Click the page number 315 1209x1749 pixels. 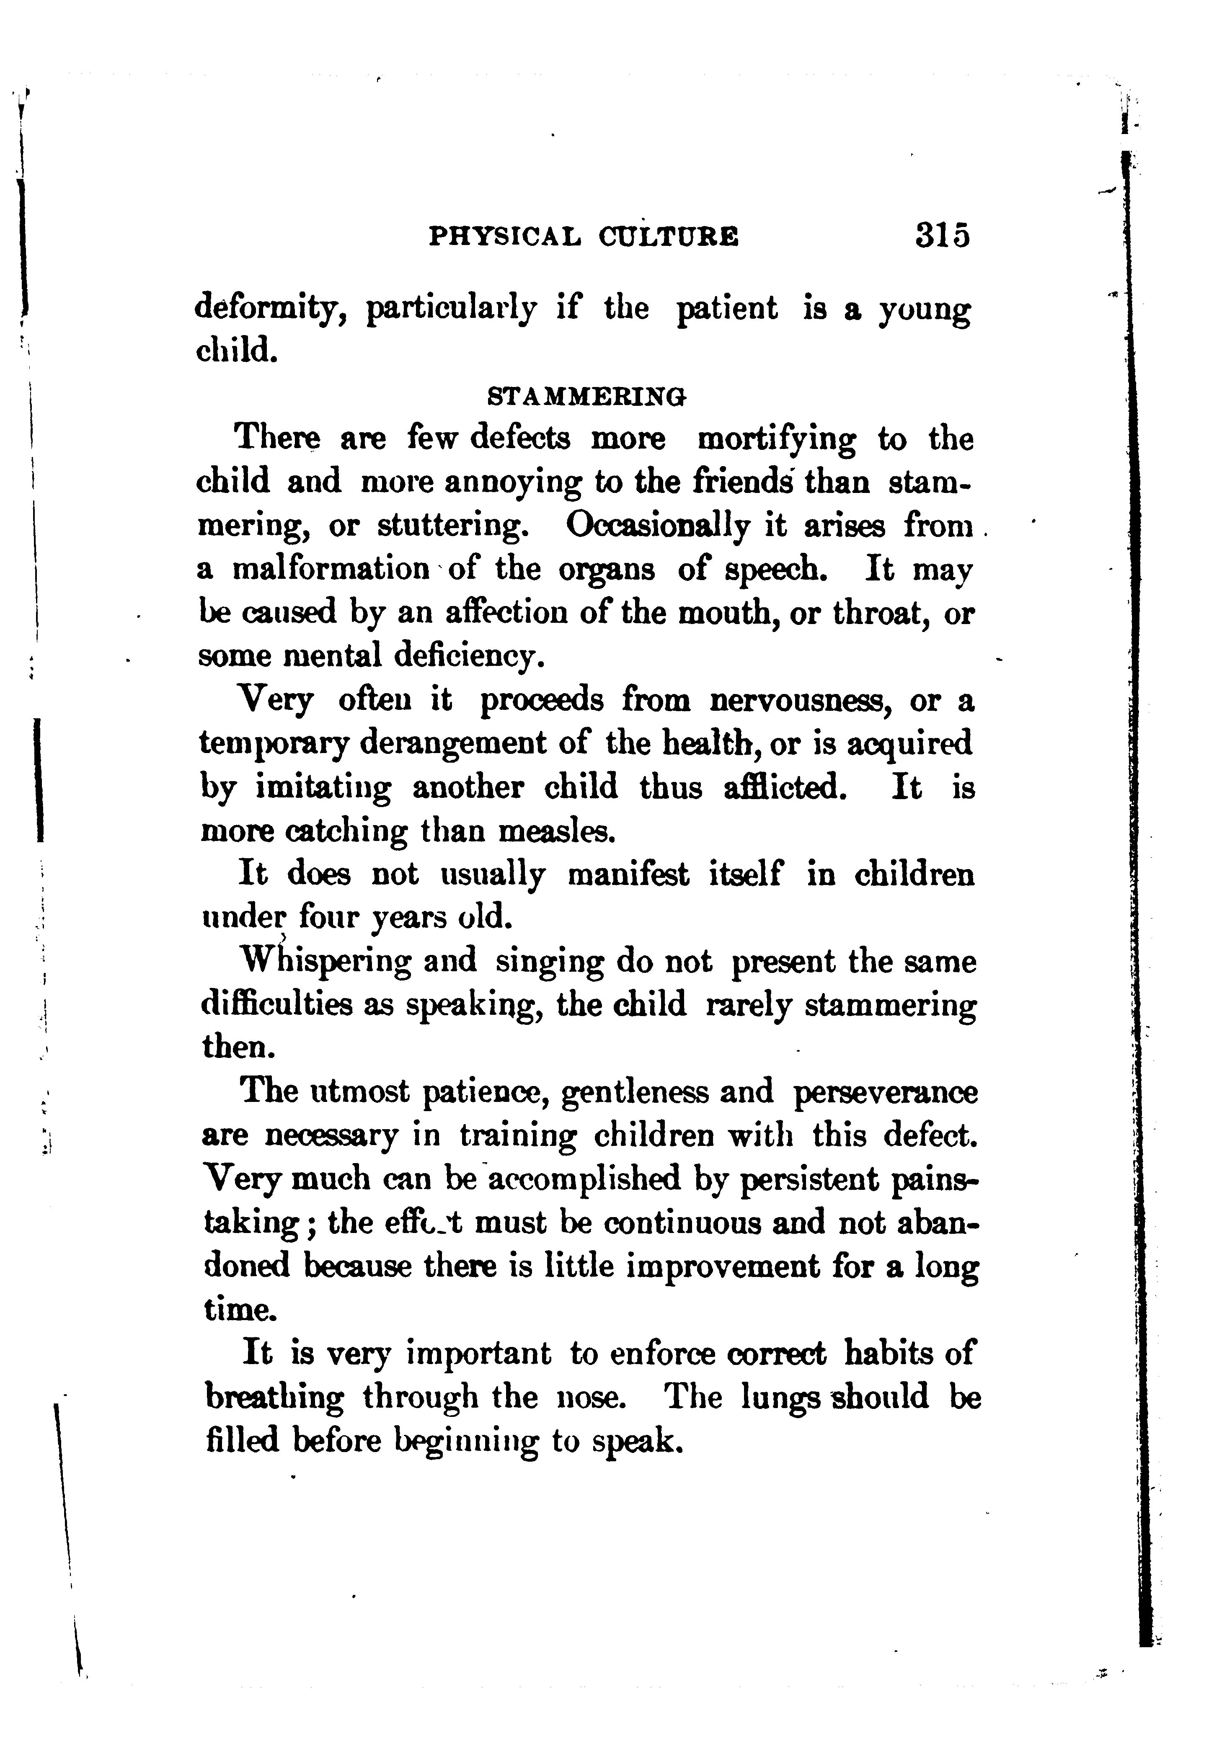tap(942, 235)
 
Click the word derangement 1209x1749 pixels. tap(452, 743)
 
